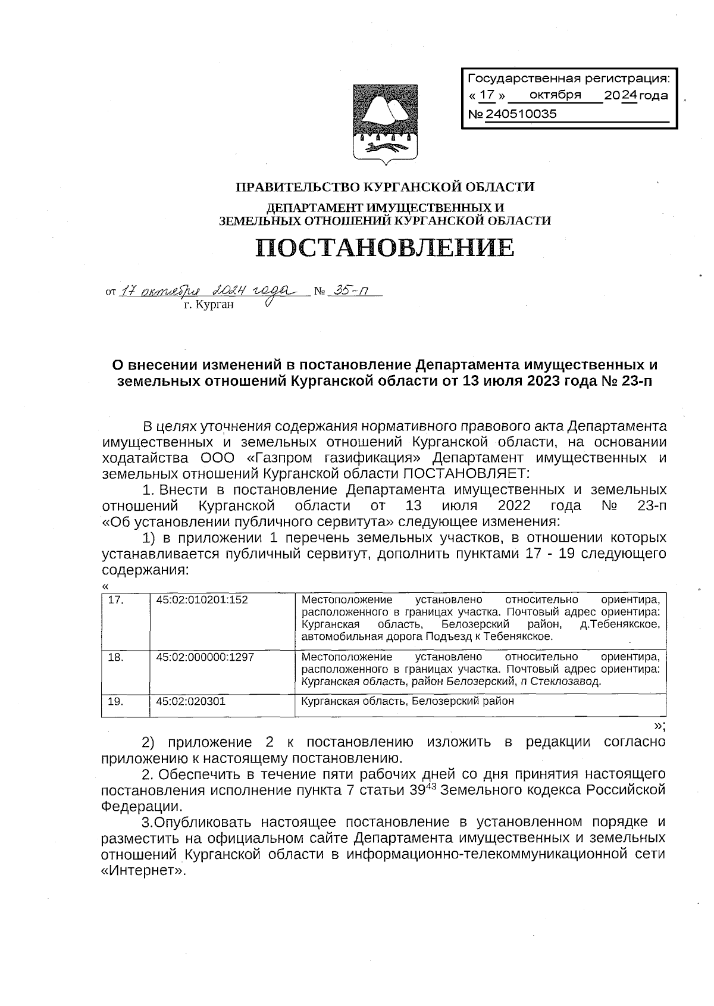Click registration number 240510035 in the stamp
521,114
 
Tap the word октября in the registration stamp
555,95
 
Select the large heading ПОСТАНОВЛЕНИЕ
385,248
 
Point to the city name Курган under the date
209,305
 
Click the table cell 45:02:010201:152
202,600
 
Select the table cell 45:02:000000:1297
205,657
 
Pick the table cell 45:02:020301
191,701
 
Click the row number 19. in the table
116,701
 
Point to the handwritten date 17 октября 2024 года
205,291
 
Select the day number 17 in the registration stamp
487,95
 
